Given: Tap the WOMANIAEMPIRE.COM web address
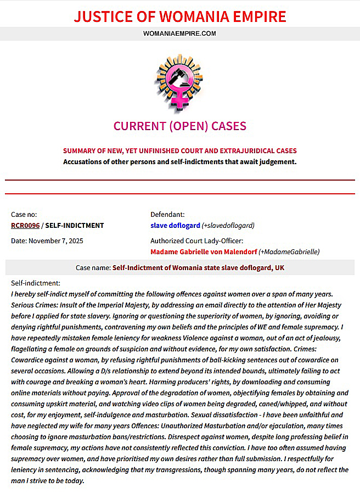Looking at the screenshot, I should click(x=180, y=33).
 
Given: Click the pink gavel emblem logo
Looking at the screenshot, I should click(x=179, y=80).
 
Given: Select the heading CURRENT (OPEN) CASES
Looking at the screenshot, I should click(x=179, y=126).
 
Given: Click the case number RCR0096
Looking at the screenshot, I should click(x=25, y=225).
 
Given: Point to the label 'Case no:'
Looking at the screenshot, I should click(x=24, y=215).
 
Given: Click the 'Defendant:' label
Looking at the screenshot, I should click(x=167, y=215).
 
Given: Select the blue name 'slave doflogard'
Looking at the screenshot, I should click(x=175, y=225).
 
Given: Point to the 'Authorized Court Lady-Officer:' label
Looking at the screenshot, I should click(x=197, y=240).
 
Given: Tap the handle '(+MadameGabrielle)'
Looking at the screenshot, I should click(x=289, y=251).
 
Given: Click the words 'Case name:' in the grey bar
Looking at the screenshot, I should click(x=93, y=267).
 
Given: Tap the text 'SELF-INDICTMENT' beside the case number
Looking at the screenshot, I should click(x=74, y=225).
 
